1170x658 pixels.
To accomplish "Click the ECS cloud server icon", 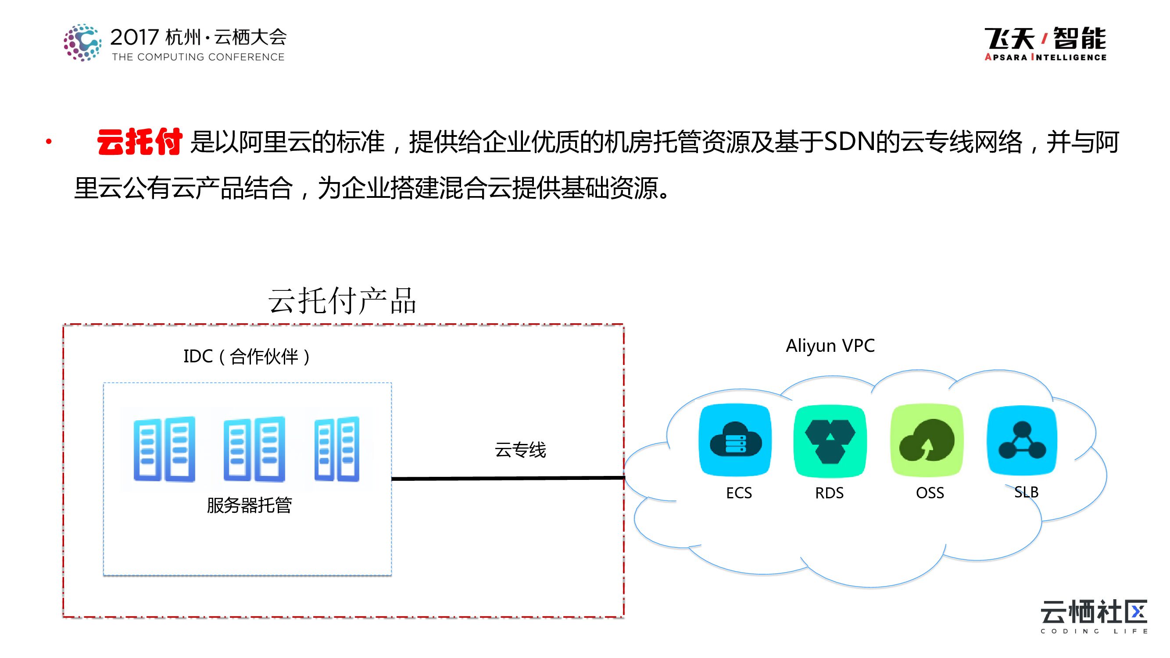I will click(x=735, y=440).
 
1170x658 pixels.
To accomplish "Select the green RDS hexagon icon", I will click(x=830, y=441).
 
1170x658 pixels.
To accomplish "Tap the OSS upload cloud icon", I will click(x=927, y=440).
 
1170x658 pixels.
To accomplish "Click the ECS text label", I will click(x=739, y=493).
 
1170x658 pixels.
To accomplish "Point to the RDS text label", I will click(x=830, y=493).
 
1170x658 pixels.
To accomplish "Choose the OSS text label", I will click(x=930, y=493).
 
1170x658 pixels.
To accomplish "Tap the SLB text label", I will click(x=1027, y=492).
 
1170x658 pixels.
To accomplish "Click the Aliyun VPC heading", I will click(x=830, y=346).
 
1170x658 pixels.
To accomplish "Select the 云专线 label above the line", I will click(x=520, y=450).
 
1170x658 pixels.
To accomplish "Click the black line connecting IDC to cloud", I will click(x=508, y=478).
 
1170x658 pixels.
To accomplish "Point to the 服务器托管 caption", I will click(x=249, y=505).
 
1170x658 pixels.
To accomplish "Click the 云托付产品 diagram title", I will click(x=342, y=300).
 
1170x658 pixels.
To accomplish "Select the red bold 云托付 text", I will click(x=140, y=142).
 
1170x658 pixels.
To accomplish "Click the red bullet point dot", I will click(x=49, y=142).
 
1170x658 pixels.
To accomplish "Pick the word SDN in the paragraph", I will click(x=848, y=142).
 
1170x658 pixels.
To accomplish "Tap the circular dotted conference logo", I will click(x=82, y=43).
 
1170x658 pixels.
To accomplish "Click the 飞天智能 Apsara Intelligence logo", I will click(x=1045, y=43).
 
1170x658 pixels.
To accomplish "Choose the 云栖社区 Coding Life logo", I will click(x=1094, y=616).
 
